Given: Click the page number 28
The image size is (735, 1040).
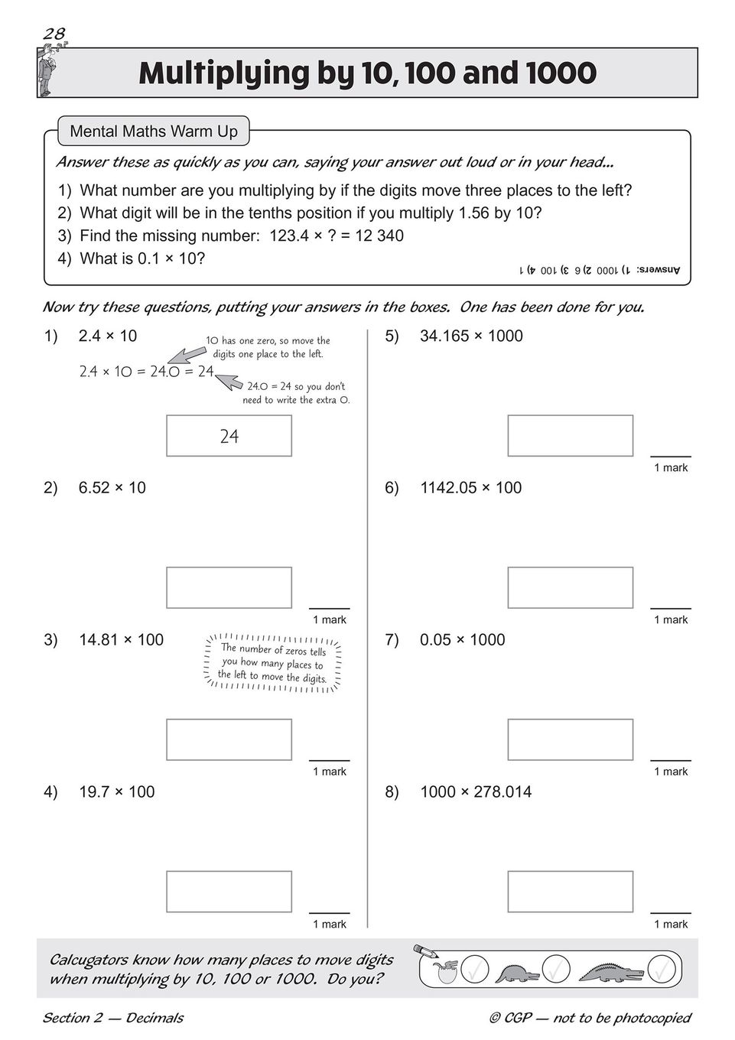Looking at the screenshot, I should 54,33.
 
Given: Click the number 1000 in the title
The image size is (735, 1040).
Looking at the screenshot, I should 561,73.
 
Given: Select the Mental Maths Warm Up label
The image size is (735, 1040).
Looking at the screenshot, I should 153,132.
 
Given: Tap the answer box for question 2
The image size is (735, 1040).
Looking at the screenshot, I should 229,587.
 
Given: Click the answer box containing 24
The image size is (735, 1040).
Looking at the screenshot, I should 229,436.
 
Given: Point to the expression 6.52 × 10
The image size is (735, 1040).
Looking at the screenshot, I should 112,488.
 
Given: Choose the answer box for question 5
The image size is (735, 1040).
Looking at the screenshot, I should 570,436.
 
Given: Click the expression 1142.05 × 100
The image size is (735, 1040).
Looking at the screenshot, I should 470,488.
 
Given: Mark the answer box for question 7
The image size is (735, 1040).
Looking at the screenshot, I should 570,739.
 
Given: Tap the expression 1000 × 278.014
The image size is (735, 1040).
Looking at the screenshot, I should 475,792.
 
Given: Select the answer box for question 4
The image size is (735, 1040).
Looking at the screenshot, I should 229,892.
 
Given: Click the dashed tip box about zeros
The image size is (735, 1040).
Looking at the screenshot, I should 272,663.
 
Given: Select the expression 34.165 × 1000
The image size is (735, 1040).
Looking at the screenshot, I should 471,336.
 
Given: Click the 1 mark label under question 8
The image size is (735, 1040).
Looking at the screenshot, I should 671,924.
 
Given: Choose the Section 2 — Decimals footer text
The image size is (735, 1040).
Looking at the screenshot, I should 112,1017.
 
